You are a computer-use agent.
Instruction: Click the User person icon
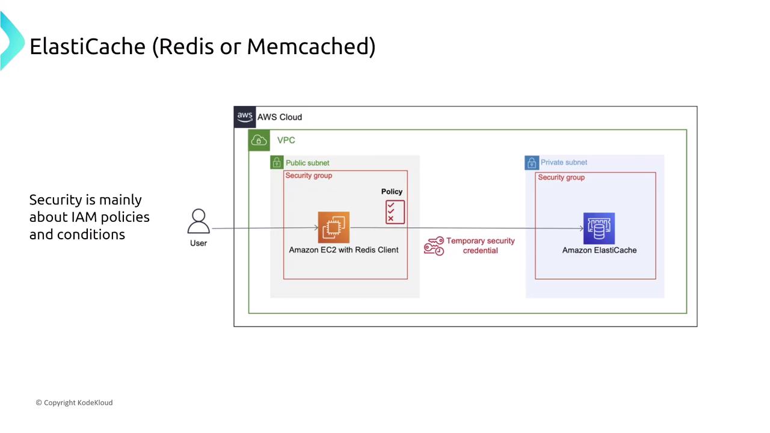click(x=198, y=221)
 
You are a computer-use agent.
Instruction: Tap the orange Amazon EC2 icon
click(x=334, y=228)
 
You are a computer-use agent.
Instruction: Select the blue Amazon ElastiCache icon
click(x=599, y=228)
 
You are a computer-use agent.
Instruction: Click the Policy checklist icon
click(x=395, y=212)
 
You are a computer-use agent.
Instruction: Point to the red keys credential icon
click(x=434, y=246)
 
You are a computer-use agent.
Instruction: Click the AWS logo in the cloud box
click(x=245, y=117)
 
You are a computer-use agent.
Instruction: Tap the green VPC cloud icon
click(x=259, y=141)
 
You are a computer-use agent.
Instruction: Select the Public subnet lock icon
click(x=277, y=162)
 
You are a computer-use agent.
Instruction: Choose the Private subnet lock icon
click(x=532, y=162)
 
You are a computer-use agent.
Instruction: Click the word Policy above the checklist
click(x=392, y=191)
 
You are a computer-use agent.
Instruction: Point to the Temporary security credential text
click(x=480, y=245)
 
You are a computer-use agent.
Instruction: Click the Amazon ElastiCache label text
click(x=599, y=250)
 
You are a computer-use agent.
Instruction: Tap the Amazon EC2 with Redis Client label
click(x=343, y=250)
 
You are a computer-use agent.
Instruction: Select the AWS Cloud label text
click(x=280, y=117)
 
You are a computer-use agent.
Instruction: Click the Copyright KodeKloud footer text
click(x=74, y=402)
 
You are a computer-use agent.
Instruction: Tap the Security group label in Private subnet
click(x=561, y=177)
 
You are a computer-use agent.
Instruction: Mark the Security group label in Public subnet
click(x=309, y=176)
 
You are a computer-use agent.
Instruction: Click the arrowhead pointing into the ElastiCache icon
click(x=581, y=228)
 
